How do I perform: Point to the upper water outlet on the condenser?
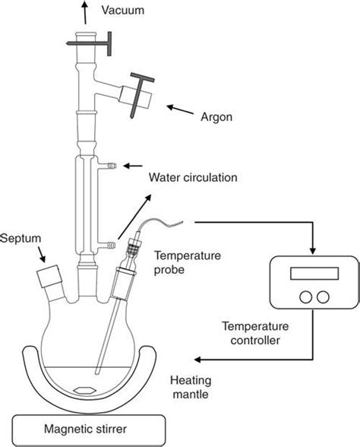tap(111, 164)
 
